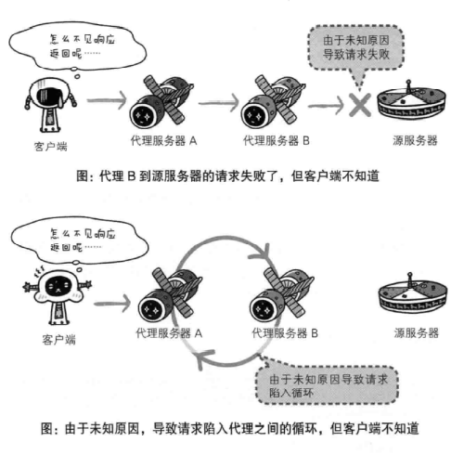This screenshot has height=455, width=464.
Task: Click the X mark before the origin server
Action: click(x=360, y=105)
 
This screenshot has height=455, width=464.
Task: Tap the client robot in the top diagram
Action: click(x=50, y=105)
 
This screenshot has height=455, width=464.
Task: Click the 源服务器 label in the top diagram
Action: click(x=415, y=140)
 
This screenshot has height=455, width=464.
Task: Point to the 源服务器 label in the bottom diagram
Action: click(x=417, y=333)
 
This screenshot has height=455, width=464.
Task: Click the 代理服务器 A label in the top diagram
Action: click(x=163, y=141)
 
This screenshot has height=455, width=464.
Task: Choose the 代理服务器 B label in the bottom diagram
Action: click(x=285, y=333)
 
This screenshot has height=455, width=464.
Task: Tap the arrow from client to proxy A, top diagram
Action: click(x=107, y=100)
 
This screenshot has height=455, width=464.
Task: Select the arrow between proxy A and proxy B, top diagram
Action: click(x=219, y=102)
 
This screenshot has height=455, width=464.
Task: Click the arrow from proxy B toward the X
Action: click(x=326, y=106)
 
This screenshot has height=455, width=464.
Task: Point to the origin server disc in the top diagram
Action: click(x=411, y=103)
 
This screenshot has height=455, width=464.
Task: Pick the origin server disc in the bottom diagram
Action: click(x=413, y=294)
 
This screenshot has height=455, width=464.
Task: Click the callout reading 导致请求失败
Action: click(x=356, y=48)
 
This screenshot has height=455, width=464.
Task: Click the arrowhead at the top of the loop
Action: click(x=262, y=253)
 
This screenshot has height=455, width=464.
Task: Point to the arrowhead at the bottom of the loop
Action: click(x=204, y=358)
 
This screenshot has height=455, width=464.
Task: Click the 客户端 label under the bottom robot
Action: click(x=58, y=340)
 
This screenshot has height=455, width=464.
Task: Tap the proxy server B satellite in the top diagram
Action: click(x=272, y=102)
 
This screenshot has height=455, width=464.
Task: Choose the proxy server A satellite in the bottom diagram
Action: click(x=170, y=295)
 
